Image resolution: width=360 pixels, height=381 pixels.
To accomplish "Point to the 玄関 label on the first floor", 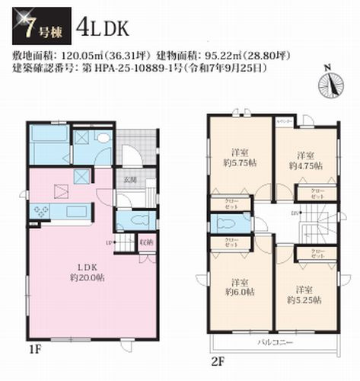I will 130,180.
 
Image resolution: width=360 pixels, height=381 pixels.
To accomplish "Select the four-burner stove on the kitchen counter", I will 39,210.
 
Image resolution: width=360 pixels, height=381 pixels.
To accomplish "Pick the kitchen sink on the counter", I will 75,210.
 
